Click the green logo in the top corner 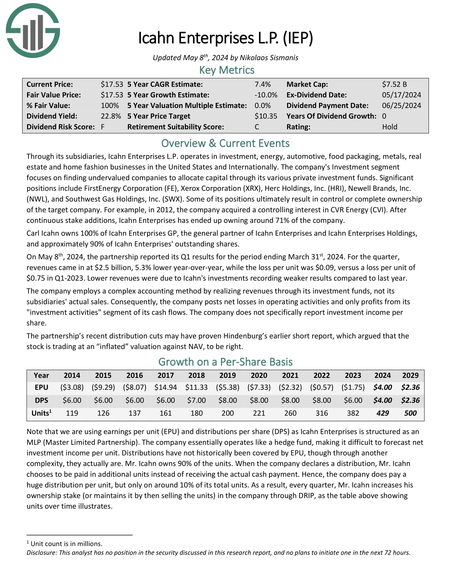pyautogui.click(x=33, y=30)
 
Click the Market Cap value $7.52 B pyautogui.click(x=394, y=84)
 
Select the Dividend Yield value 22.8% pyautogui.click(x=111, y=116)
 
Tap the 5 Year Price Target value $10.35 pyautogui.click(x=266, y=116)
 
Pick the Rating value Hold pyautogui.click(x=389, y=127)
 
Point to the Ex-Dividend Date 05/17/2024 pyautogui.click(x=401, y=95)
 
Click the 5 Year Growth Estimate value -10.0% pyautogui.click(x=266, y=95)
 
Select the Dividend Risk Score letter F pyautogui.click(x=103, y=127)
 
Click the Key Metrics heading pyautogui.click(x=227, y=70)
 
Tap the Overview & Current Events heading pyautogui.click(x=225, y=143)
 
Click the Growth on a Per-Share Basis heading pyautogui.click(x=225, y=362)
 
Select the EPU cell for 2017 pyautogui.click(x=165, y=387)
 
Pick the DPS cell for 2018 pyautogui.click(x=196, y=400)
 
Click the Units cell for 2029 pyautogui.click(x=410, y=413)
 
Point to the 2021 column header pyautogui.click(x=290, y=375)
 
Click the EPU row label pyautogui.click(x=41, y=387)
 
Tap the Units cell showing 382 pyautogui.click(x=353, y=413)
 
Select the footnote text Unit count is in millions pyautogui.click(x=66, y=544)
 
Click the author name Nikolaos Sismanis pyautogui.click(x=269, y=58)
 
